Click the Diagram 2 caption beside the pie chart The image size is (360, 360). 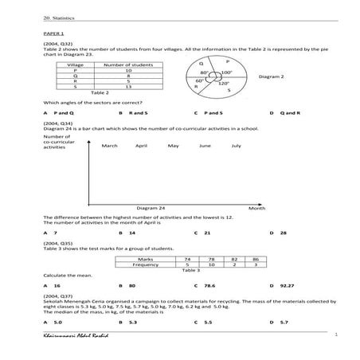click(x=272, y=77)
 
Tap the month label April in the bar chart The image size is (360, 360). click(x=141, y=146)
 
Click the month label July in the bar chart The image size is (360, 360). click(x=236, y=146)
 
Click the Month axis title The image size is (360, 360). click(x=256, y=208)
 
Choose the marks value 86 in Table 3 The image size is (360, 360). click(x=256, y=259)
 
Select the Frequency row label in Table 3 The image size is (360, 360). click(x=145, y=264)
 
